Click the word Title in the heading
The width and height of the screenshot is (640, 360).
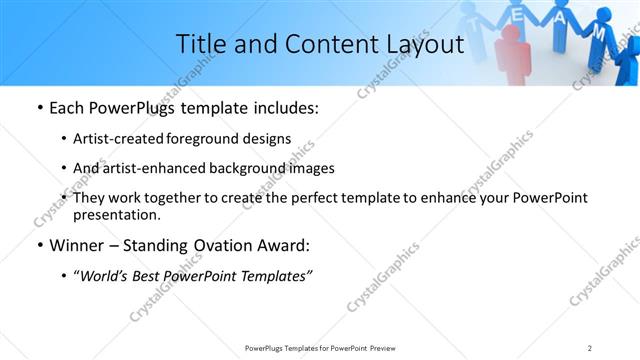199,44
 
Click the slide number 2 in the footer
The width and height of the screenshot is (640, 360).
590,347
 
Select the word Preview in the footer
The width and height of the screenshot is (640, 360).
388,347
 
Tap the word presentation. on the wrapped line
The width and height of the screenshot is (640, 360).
116,214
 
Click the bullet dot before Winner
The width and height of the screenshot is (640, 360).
39,246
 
